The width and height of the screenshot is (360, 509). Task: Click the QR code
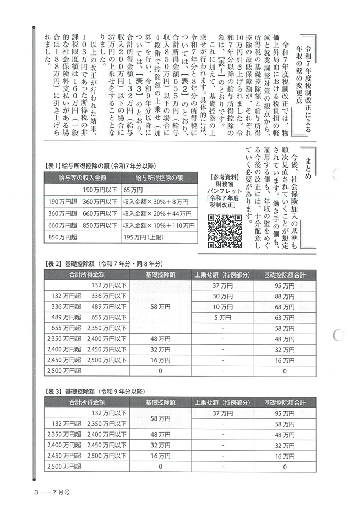[225, 230]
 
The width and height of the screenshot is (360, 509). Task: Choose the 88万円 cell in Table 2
[285, 296]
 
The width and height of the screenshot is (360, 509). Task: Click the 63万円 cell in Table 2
[285, 317]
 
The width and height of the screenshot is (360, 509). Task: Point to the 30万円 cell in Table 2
[222, 296]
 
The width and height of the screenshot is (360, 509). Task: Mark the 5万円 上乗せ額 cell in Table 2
[222, 317]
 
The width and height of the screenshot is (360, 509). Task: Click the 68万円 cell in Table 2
[285, 307]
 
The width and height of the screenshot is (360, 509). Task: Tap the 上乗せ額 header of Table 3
[222, 403]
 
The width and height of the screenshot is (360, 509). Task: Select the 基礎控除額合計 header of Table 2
[285, 275]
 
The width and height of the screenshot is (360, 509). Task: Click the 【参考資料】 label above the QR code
[225, 176]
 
